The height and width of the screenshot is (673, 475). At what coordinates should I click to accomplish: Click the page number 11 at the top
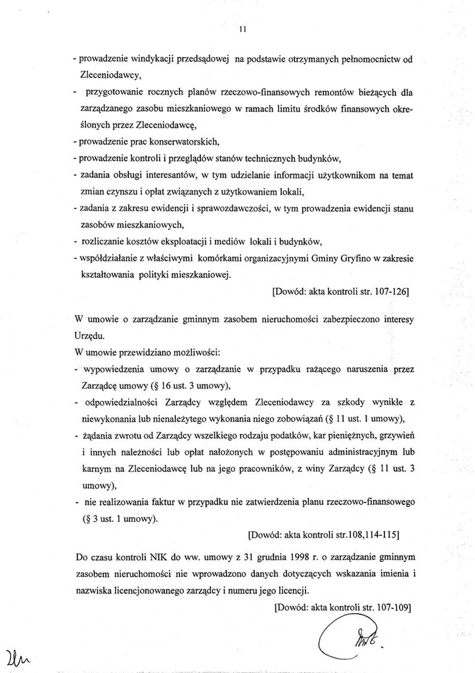click(x=242, y=29)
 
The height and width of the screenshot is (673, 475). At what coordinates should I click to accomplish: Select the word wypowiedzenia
click(x=115, y=369)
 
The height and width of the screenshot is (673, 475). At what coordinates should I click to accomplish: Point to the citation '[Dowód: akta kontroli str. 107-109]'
click(x=342, y=607)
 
